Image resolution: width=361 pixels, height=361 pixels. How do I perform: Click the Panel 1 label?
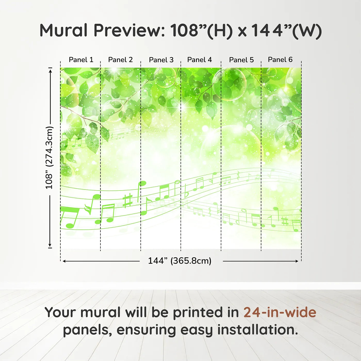[81, 60]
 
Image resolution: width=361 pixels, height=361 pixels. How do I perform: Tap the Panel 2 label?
[120, 60]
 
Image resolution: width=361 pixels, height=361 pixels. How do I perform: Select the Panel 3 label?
[161, 60]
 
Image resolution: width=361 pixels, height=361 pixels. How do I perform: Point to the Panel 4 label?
[200, 60]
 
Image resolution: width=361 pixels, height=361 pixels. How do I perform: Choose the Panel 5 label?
[241, 60]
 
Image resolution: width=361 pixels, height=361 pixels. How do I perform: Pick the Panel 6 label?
[280, 60]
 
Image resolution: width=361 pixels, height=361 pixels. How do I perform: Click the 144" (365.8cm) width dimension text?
[180, 261]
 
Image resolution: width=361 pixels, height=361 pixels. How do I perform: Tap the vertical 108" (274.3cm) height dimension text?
[49, 158]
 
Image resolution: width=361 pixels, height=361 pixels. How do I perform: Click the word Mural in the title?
[63, 30]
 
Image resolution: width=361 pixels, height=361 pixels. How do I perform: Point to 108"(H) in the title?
[201, 31]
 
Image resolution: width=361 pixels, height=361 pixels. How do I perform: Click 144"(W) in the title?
[286, 31]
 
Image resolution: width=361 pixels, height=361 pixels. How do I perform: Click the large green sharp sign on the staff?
[128, 201]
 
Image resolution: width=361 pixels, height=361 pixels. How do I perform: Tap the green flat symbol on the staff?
[186, 191]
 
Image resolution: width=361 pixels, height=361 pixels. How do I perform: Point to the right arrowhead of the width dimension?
[297, 261]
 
